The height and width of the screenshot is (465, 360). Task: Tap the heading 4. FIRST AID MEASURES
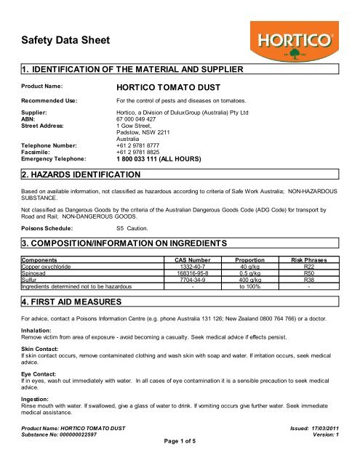tap(69, 299)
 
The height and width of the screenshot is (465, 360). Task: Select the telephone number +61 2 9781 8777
tap(140, 145)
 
